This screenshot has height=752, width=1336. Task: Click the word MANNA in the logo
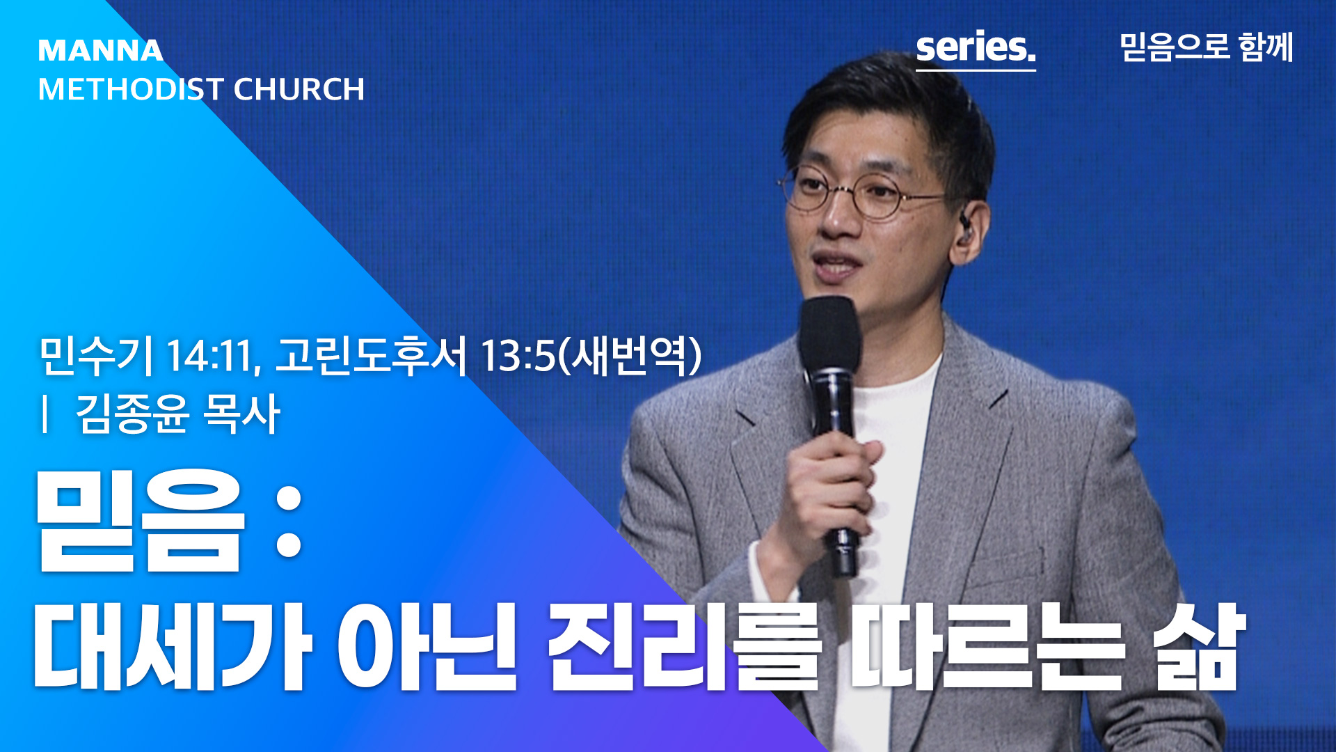point(101,51)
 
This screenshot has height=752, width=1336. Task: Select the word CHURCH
point(299,89)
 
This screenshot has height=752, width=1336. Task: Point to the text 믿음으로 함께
point(1207,47)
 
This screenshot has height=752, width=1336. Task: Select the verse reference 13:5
point(518,356)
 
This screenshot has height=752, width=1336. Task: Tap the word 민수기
point(96,356)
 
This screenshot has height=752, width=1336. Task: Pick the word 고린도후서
point(371,356)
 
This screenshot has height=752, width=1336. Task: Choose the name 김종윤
point(132,414)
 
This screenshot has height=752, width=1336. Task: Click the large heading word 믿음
point(141,520)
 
